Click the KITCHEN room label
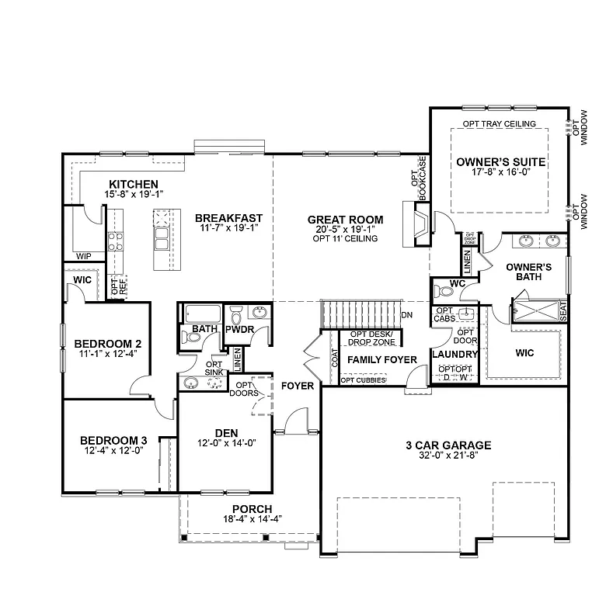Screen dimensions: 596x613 click(x=134, y=184)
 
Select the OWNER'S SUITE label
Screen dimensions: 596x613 click(x=500, y=162)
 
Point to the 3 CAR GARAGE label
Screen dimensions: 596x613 click(x=448, y=445)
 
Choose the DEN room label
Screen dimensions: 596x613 click(x=226, y=432)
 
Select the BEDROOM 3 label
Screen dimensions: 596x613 click(x=113, y=441)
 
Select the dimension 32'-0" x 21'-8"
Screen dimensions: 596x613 click(x=448, y=456)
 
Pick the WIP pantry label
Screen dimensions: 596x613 click(x=82, y=255)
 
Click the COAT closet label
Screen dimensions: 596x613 click(x=333, y=358)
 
